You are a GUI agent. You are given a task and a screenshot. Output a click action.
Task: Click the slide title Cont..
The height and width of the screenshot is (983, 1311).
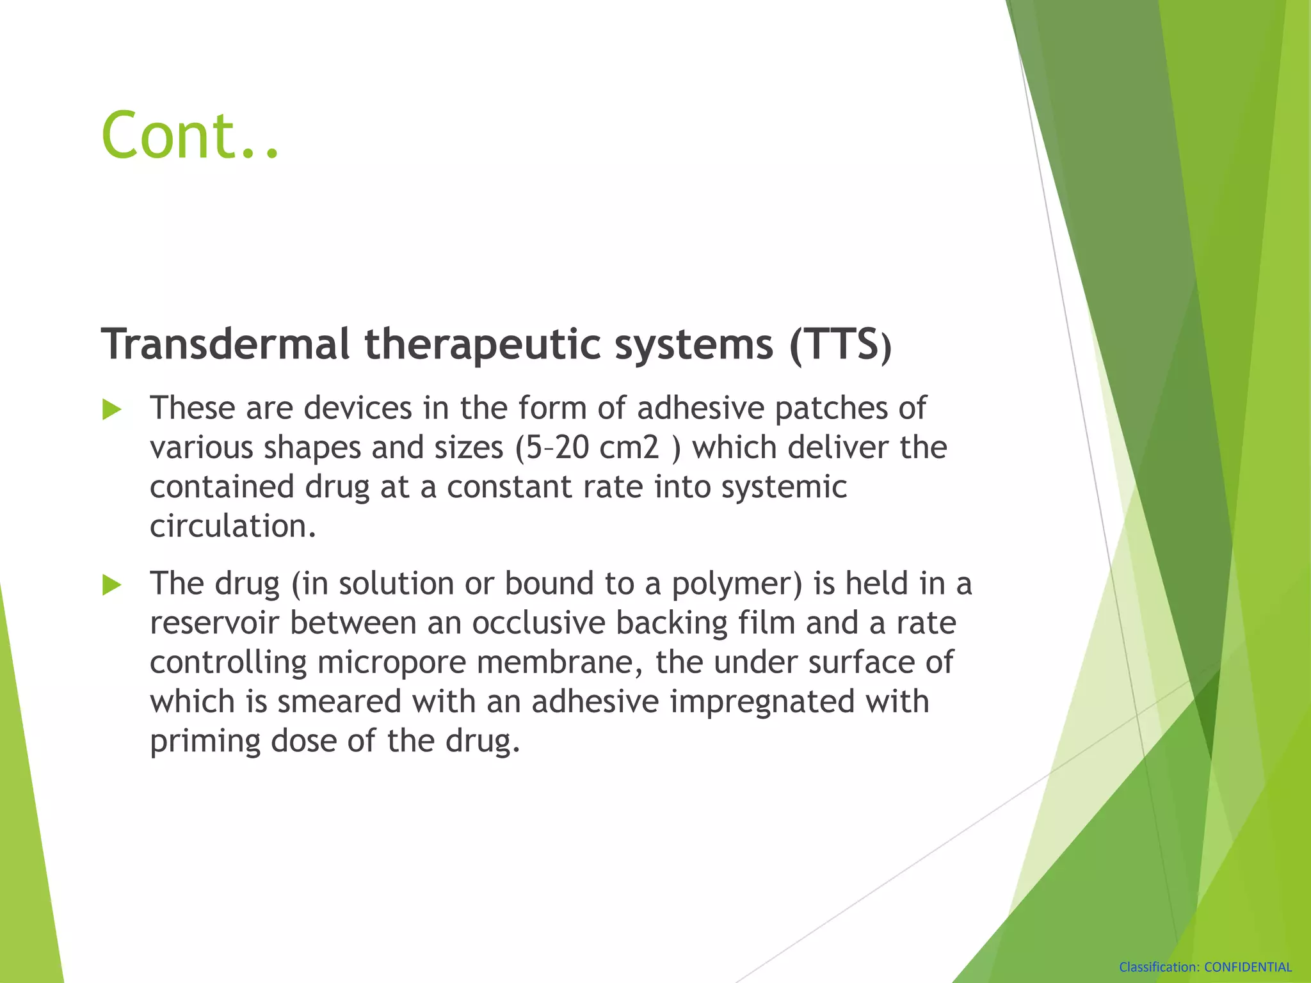coord(189,136)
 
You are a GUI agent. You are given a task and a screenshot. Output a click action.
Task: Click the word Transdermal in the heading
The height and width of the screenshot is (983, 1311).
coord(225,344)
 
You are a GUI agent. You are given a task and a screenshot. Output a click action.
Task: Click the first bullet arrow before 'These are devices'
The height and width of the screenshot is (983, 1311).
coord(112,410)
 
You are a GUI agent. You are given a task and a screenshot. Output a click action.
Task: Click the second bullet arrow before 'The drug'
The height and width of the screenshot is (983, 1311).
coord(112,585)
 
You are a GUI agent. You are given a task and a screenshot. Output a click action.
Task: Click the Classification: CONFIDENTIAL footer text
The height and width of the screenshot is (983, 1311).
coord(1205,967)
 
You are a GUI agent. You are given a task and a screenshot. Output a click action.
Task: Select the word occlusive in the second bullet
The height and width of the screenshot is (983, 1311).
coord(538,623)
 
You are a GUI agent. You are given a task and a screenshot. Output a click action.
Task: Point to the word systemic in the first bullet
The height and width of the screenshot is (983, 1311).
coord(784,487)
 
